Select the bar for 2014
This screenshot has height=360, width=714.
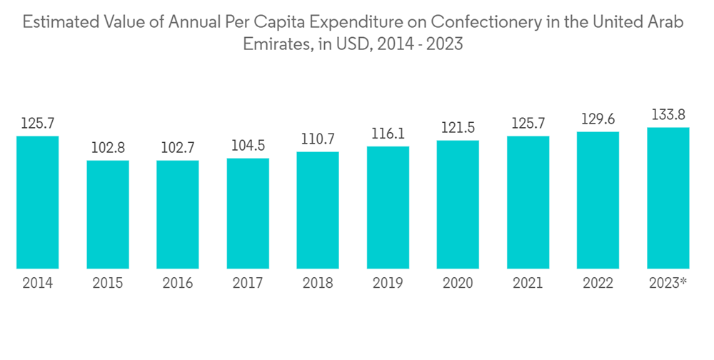coord(38,202)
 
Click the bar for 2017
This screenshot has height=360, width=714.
coord(248,213)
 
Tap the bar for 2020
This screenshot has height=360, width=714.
coord(458,204)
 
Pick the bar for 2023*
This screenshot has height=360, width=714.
coord(668,198)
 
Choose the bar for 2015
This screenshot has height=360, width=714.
coord(108,214)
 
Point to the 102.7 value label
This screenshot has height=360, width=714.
coord(178,148)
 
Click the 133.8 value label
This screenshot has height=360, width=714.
coord(668,114)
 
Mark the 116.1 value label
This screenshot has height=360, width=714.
coord(388,134)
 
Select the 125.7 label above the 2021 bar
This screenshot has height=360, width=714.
coord(528,124)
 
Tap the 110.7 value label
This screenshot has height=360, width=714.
coord(318,139)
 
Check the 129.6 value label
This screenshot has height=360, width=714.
coord(598,119)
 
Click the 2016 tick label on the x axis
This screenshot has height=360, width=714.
coord(178,284)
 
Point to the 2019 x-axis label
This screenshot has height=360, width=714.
coord(388,284)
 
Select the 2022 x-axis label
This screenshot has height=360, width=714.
coord(598,284)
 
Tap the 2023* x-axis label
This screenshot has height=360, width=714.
coord(668,284)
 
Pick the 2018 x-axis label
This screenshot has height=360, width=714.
coord(318,284)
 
